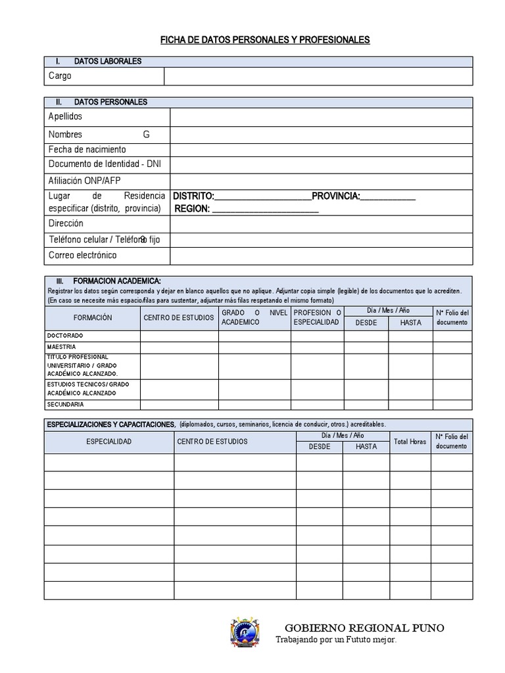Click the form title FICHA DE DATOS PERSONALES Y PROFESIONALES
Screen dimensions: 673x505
(265, 41)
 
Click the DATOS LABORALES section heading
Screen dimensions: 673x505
(108, 62)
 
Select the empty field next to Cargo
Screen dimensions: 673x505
(318, 76)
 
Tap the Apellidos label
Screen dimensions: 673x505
(66, 116)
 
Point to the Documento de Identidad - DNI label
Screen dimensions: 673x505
(105, 164)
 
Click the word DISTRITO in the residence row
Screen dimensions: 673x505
(193, 197)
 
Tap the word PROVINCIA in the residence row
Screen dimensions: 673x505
(335, 197)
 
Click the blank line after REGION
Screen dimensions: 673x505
(266, 210)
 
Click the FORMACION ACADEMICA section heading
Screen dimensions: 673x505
(117, 281)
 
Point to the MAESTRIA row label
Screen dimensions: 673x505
(61, 346)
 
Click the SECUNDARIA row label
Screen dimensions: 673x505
(65, 404)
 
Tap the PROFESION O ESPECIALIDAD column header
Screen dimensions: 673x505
(317, 317)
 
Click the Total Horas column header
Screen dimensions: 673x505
(409, 442)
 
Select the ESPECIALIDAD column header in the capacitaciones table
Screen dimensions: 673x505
(109, 442)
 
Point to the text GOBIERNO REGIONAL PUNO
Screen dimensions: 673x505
(364, 628)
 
